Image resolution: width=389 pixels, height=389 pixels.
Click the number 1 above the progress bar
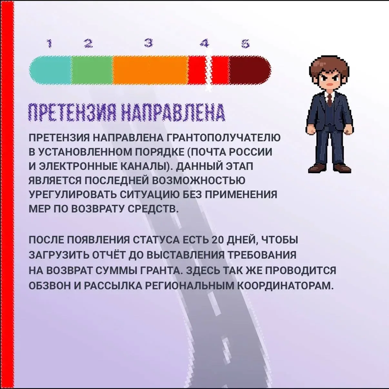49,43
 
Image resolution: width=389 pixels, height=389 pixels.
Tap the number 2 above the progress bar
88,43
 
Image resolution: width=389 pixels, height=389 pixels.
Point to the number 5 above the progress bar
246,43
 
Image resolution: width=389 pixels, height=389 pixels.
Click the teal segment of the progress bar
50,70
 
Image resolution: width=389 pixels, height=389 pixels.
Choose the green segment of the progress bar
92,70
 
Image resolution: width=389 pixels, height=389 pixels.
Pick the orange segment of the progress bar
150,70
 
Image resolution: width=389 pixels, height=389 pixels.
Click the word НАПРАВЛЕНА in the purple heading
173,113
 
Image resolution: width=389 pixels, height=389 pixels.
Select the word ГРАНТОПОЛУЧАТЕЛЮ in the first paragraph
223,138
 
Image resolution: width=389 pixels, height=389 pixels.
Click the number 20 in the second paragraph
218,240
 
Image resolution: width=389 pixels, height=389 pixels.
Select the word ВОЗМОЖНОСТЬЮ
198,180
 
